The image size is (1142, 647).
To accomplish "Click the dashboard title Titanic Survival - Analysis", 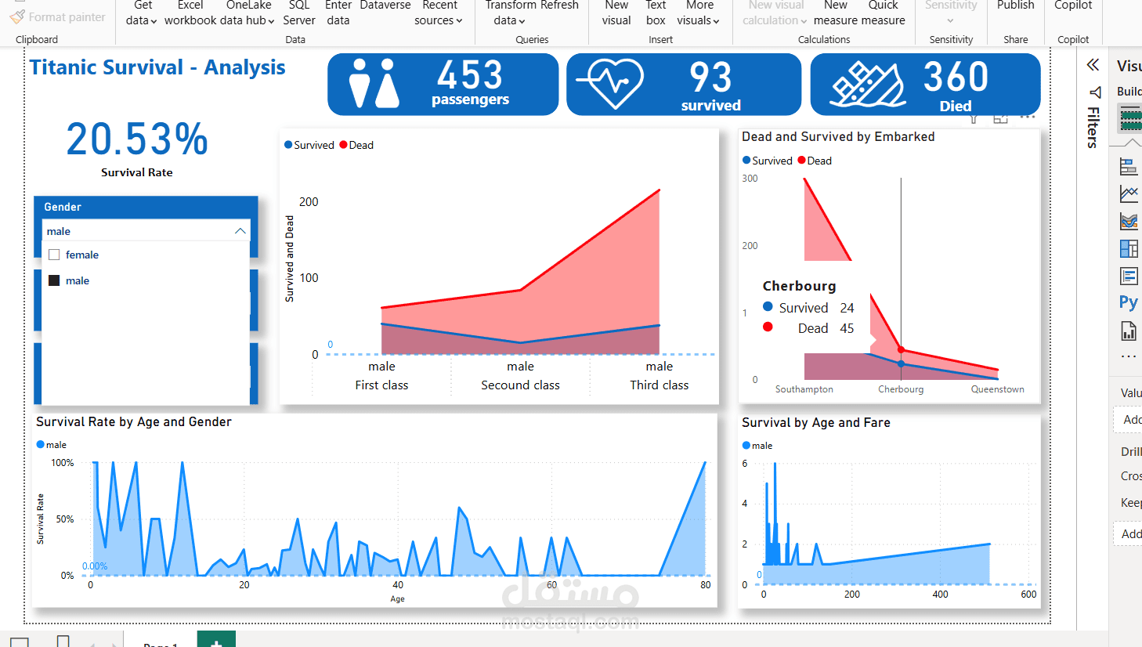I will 157,68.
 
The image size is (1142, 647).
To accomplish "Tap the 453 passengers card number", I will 470,76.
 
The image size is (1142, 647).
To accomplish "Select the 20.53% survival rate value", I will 137,139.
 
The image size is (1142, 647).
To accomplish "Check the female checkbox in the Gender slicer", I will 54,255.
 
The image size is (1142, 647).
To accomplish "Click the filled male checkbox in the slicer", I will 54,280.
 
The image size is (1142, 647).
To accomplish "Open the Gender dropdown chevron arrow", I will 240,231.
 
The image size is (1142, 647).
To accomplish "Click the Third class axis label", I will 659,385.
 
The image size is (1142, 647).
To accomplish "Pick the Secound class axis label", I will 520,385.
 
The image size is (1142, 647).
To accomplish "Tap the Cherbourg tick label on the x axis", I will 901,389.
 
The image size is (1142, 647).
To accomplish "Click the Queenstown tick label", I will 997,389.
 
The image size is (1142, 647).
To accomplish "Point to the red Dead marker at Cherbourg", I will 901,350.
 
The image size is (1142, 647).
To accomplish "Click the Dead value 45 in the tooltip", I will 847,328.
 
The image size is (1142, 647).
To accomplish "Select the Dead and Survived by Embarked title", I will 838,137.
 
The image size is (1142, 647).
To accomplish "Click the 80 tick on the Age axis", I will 706,585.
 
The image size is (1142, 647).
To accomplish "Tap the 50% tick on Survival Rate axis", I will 64,519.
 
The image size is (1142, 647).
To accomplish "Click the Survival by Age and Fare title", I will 815,423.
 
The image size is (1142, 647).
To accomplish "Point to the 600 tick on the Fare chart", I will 1028,595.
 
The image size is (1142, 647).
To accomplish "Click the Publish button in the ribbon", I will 1015,6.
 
